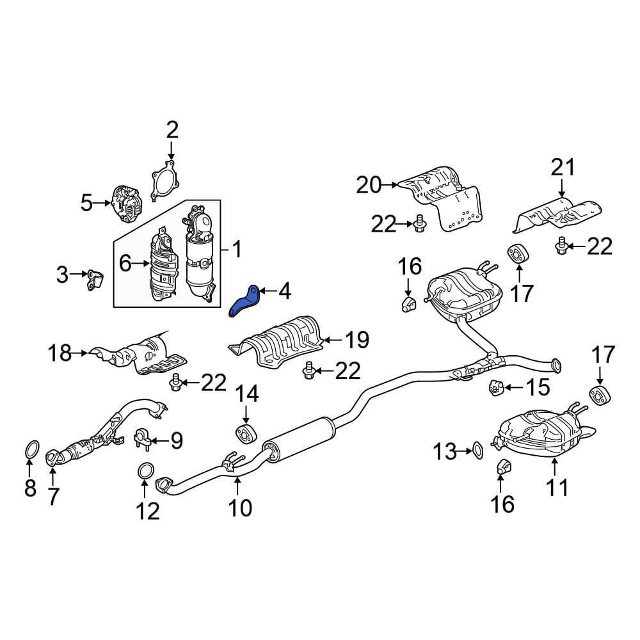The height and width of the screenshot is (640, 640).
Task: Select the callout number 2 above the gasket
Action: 172,130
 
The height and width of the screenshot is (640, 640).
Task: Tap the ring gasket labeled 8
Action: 33,450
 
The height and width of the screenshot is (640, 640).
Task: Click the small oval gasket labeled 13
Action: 477,451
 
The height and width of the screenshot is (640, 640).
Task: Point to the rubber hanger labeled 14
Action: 246,434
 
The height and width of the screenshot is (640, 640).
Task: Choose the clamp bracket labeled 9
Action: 143,440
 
